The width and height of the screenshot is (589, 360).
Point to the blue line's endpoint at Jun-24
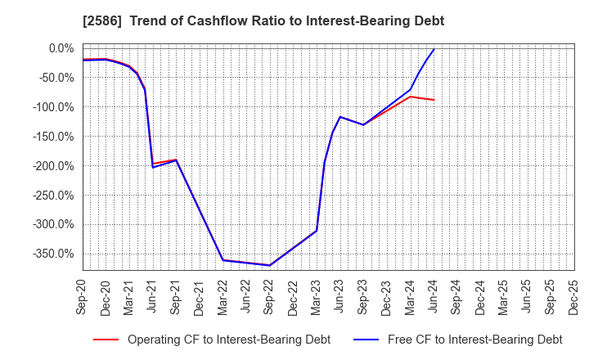(x=434, y=50)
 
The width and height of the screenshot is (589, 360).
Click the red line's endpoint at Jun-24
(x=434, y=100)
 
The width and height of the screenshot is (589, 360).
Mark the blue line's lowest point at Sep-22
(x=270, y=265)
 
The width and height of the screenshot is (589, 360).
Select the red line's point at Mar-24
(x=410, y=97)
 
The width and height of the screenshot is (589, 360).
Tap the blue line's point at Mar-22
(x=223, y=260)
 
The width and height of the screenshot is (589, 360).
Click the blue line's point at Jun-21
(x=153, y=167)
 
